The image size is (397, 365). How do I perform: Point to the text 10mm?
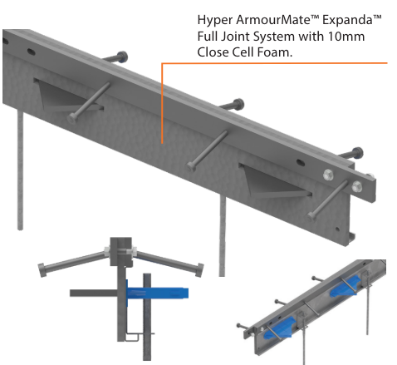[x=347, y=37]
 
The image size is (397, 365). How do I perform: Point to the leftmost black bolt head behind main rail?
[x=123, y=57]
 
